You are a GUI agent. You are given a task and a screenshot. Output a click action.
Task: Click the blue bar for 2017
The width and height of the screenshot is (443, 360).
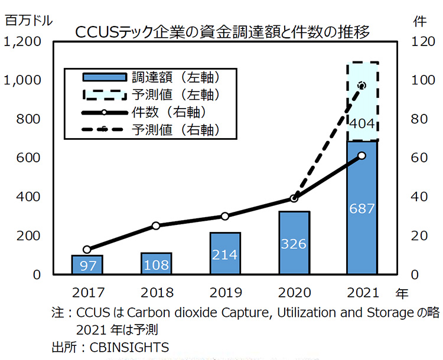tap(87, 265)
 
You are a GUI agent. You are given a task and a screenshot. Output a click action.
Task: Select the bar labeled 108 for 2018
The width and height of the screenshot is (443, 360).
tap(156, 264)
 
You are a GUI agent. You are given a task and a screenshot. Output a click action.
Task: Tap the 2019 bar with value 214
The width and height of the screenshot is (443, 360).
tap(224, 253)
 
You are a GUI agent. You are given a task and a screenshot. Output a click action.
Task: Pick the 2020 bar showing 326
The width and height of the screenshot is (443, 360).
tap(294, 243)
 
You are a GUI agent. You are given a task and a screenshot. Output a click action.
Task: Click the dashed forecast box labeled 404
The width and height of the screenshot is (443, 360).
tap(362, 102)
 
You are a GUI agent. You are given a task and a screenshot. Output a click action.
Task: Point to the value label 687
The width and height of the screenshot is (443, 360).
tap(362, 209)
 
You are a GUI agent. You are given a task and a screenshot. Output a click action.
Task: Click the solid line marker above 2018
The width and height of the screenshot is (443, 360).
tap(156, 225)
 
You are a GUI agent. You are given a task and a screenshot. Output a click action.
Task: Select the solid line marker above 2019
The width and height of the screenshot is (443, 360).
tap(224, 216)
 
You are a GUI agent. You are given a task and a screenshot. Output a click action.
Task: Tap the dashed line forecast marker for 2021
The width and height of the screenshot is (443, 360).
tap(362, 86)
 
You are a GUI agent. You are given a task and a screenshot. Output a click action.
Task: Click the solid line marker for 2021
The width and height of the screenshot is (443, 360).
tap(362, 156)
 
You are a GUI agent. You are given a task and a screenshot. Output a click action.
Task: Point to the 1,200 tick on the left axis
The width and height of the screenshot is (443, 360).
tap(22, 42)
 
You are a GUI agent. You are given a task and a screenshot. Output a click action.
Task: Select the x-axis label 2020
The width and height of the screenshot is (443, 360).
tap(294, 292)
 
